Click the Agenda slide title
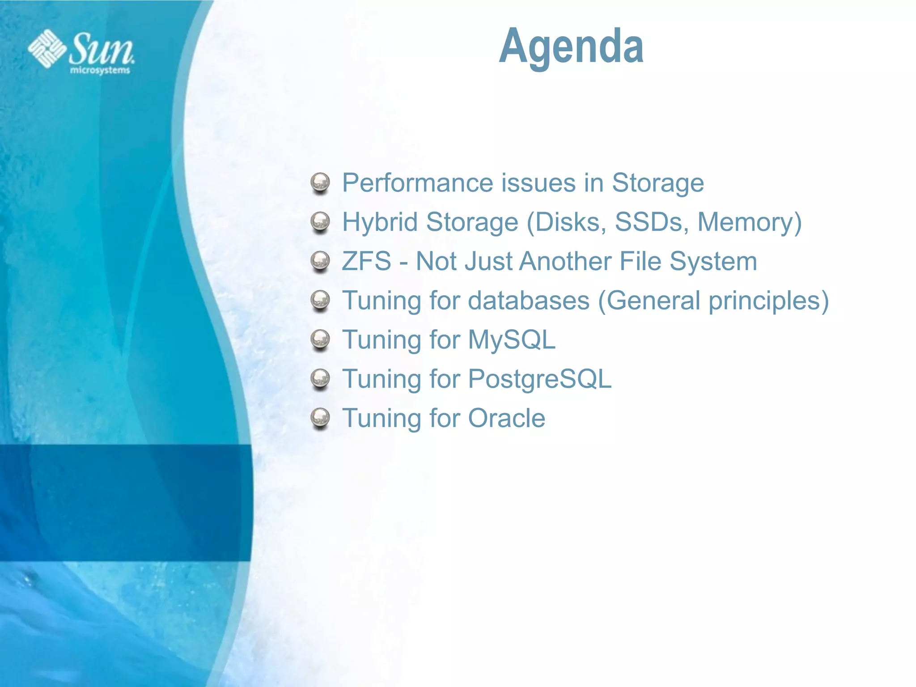571,47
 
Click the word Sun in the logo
101,49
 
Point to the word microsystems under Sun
100,71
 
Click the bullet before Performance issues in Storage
320,183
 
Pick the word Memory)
750,222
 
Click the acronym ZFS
366,261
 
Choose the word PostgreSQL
539,379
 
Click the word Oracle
506,419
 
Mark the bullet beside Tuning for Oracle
320,419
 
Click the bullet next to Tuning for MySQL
320,340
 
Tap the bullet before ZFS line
320,261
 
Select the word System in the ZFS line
713,261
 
